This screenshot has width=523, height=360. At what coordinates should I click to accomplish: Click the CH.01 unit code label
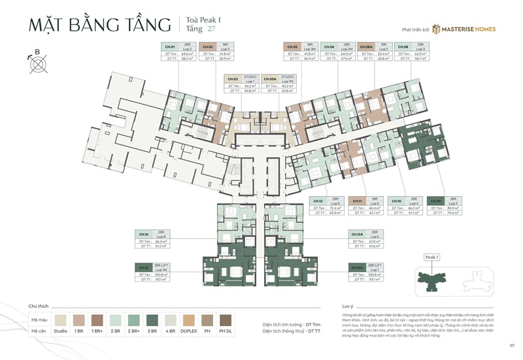coord(170,47)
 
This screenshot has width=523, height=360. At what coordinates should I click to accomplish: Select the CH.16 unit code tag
coord(144,234)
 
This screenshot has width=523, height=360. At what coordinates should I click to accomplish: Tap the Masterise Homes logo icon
coord(421,29)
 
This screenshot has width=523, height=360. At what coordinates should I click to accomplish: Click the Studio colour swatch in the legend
coord(61,320)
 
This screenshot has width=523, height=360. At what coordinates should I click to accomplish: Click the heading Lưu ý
coord(347,305)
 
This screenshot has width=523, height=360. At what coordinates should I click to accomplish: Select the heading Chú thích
coord(37,305)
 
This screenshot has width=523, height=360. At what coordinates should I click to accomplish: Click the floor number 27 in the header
coord(211,29)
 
